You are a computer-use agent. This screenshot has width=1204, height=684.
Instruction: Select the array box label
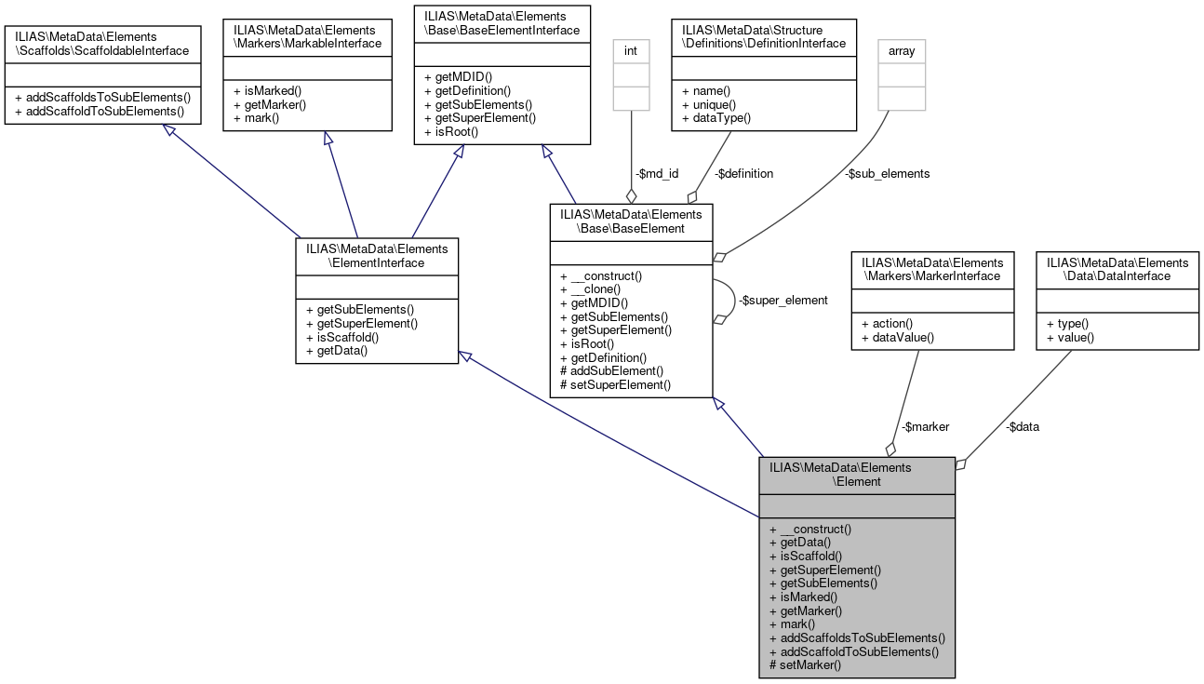[x=901, y=51]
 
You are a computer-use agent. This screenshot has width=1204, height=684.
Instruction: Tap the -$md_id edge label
[x=658, y=173]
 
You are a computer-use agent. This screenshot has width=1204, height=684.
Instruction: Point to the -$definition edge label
[x=743, y=173]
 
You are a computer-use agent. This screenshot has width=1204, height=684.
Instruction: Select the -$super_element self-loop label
[x=782, y=301]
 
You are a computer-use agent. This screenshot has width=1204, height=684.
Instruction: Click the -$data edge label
[x=1023, y=426]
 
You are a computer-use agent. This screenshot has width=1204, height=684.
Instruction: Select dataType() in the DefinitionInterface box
[x=716, y=118]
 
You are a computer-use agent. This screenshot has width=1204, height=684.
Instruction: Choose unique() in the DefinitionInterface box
[x=710, y=104]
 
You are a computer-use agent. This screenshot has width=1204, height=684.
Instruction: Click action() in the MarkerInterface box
[x=887, y=323]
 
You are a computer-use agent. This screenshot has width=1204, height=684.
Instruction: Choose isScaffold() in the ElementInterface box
[x=342, y=337]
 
